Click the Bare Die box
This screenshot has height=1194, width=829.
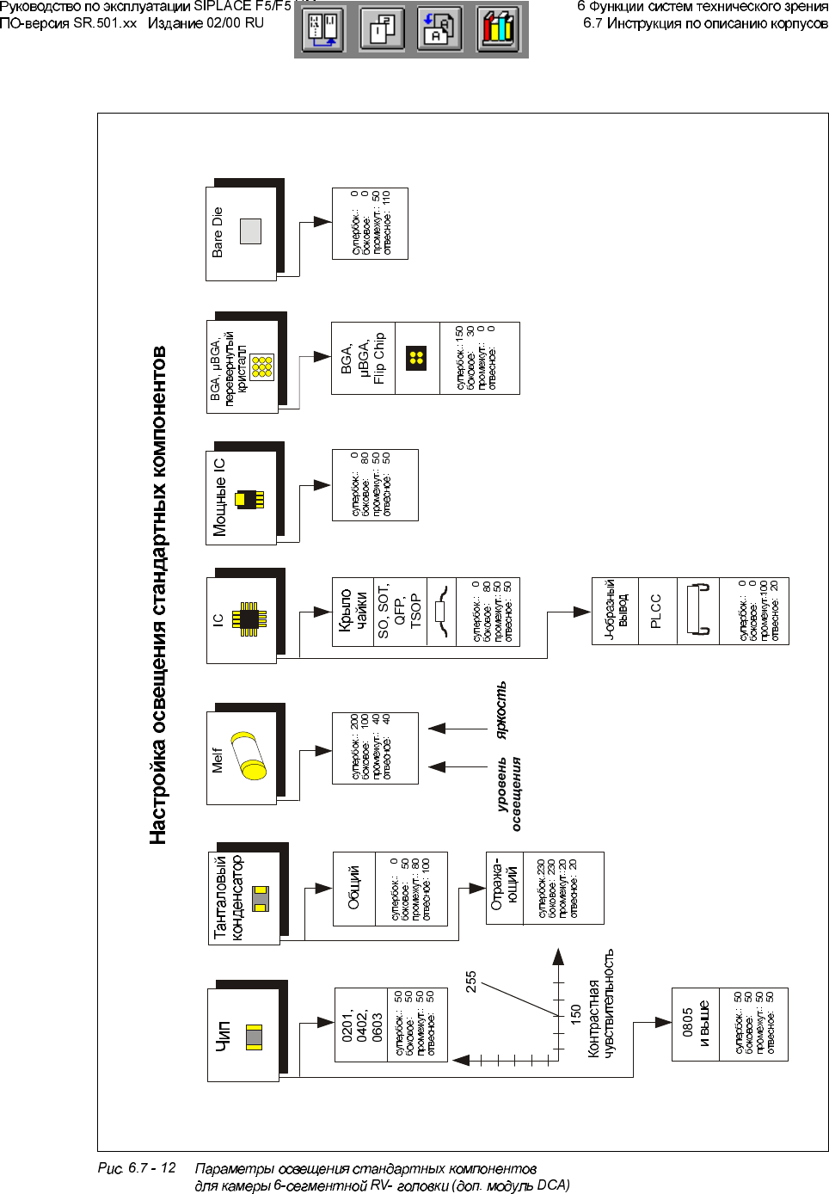(242, 233)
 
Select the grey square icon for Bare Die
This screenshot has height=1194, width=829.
(250, 231)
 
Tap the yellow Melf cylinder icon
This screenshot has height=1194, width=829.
(249, 756)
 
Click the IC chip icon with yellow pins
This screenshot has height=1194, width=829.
(249, 618)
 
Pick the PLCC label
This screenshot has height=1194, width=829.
(656, 611)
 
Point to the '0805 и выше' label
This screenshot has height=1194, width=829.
(695, 1024)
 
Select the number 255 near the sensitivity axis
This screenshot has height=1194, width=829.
(471, 982)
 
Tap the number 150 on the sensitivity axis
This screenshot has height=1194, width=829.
(575, 1013)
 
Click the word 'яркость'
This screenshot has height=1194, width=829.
(501, 710)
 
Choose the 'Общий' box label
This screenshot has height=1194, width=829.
(353, 888)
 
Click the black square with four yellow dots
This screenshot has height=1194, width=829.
(417, 358)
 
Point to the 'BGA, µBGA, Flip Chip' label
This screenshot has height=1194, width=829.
(363, 358)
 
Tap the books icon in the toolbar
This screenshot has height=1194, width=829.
(498, 29)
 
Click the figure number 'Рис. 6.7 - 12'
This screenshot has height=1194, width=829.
(137, 1168)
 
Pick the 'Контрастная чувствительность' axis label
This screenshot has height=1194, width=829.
(601, 1003)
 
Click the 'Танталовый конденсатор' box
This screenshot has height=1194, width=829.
(244, 898)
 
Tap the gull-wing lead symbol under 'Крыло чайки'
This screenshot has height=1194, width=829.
(442, 611)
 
